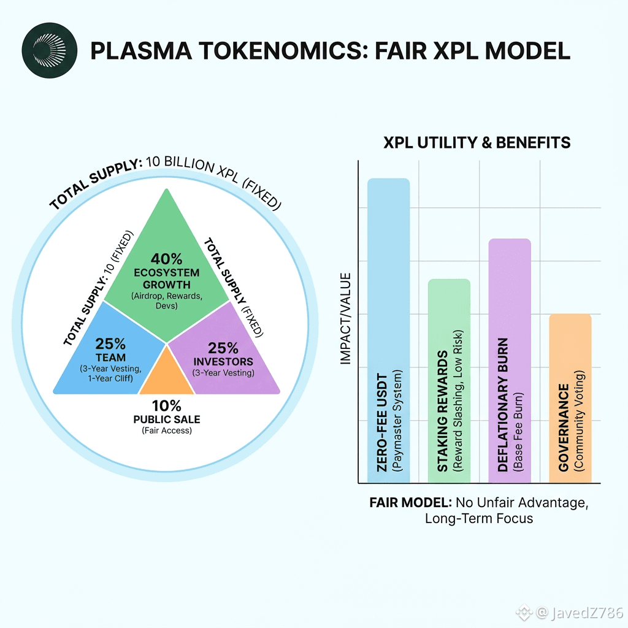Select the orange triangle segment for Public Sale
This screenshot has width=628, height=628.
(x=166, y=374)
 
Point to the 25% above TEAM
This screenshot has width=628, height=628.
(x=111, y=343)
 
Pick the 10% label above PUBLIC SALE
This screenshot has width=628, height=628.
(x=167, y=406)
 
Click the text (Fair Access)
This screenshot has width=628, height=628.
(x=167, y=431)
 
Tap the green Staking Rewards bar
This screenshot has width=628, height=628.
(x=448, y=380)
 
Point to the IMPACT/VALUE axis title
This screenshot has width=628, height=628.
(x=346, y=319)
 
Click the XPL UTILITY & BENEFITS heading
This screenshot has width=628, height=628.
(x=477, y=143)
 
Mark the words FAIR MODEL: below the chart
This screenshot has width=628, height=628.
(x=409, y=502)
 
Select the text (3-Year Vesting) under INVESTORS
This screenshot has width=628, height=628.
(x=223, y=372)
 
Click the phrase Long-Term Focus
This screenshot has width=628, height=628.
(x=479, y=518)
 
